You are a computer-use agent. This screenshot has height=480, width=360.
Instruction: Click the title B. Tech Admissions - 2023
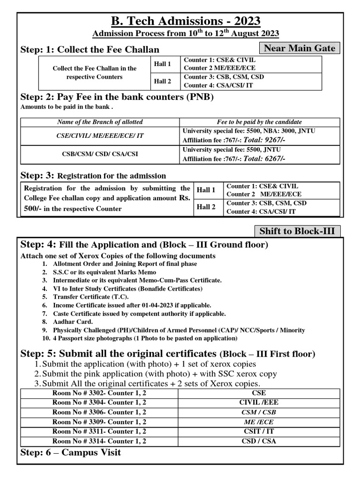[x=185, y=22]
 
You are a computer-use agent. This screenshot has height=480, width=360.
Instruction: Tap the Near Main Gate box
[x=300, y=48]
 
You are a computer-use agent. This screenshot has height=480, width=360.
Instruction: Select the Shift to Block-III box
[x=297, y=231]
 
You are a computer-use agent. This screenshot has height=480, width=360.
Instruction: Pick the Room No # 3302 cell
[x=99, y=393]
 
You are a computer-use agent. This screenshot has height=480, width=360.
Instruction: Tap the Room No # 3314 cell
[x=99, y=441]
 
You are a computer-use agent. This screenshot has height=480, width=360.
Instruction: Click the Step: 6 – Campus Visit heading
[x=71, y=452]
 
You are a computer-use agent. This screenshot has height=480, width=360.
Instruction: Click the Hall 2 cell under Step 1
[x=163, y=81]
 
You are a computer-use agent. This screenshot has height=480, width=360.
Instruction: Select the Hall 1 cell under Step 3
[x=206, y=190]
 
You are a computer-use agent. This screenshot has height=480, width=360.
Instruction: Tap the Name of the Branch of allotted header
[x=100, y=122]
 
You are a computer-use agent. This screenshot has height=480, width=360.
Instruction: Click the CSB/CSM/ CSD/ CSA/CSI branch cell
[x=100, y=154]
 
